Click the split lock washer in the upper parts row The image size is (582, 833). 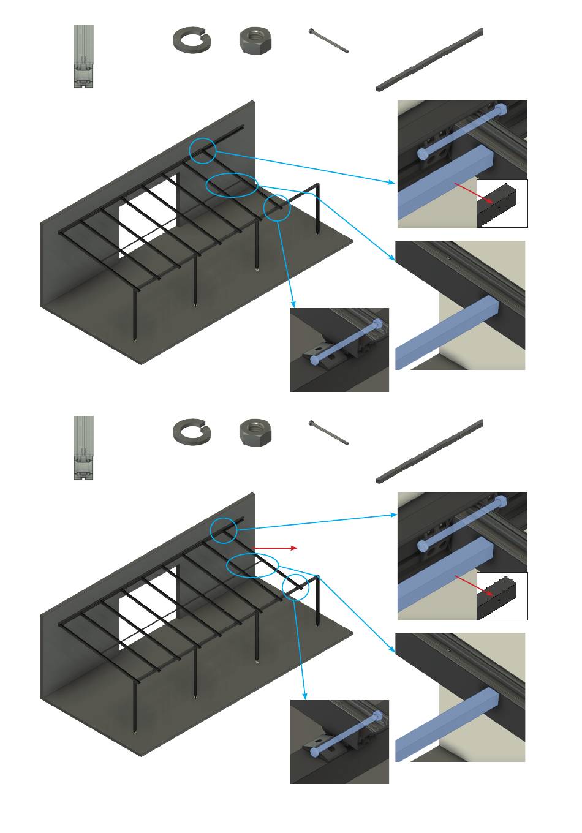coord(192,40)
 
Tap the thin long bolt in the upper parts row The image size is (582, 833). coord(329,40)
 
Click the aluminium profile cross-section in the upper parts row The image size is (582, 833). coord(83,56)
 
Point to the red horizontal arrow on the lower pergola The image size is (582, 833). coord(275,548)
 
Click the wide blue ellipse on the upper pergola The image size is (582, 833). coord(231,184)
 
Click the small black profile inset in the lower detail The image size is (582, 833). coord(502,596)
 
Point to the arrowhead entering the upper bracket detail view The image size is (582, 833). coord(293,304)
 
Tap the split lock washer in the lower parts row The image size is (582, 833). coord(192,432)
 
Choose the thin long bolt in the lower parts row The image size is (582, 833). coord(329,432)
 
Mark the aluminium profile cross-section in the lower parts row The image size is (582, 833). coord(83,448)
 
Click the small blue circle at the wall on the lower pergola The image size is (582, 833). coord(224,530)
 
